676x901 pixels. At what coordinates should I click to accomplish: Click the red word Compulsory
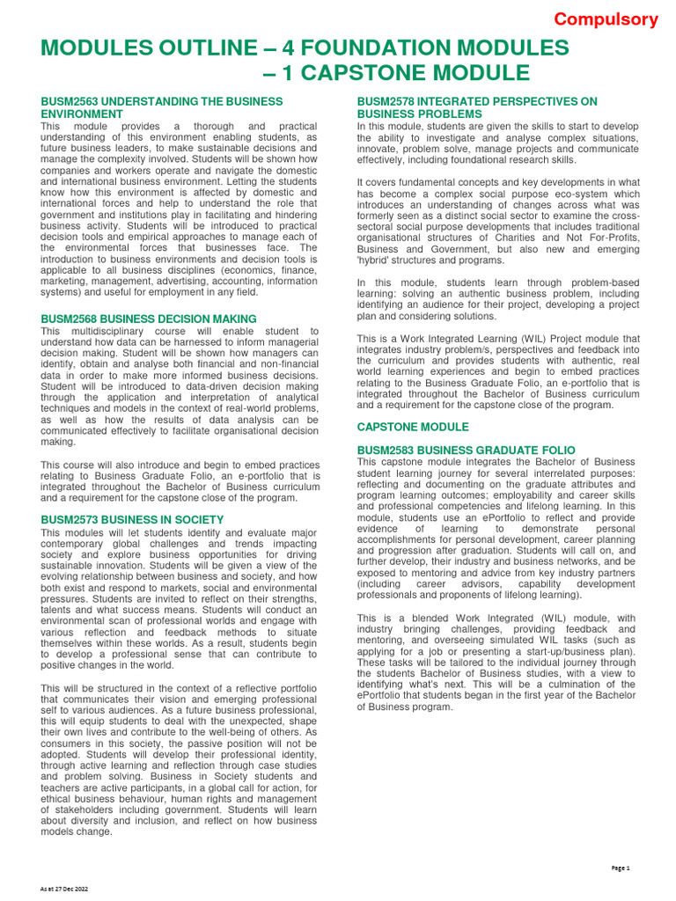pos(606,19)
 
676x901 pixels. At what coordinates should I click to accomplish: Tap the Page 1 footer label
pos(621,868)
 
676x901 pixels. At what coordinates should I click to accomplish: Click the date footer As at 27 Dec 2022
pos(64,890)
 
